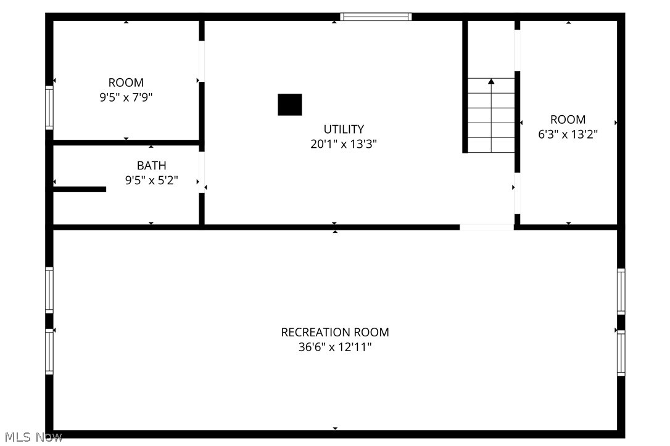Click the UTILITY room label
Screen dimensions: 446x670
[x=344, y=129]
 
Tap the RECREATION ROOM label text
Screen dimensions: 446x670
[x=335, y=333]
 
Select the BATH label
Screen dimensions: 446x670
[x=151, y=166]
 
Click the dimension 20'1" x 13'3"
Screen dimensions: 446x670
[x=344, y=145]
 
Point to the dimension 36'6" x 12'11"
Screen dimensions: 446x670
[x=335, y=347]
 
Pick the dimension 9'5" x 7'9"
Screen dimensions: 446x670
[x=126, y=97]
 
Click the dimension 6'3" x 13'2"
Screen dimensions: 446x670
[x=568, y=134]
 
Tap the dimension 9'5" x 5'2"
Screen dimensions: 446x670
[x=151, y=180]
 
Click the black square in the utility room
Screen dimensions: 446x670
[x=289, y=105]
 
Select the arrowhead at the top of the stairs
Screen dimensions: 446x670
[x=491, y=81]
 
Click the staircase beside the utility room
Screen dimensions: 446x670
[x=491, y=117]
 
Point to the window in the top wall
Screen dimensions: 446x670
[x=376, y=17]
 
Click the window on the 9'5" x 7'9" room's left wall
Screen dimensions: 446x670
[x=49, y=108]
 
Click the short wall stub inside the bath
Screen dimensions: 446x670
[x=80, y=189]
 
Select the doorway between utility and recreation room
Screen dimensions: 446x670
[x=486, y=227]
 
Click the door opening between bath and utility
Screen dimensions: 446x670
[x=202, y=172]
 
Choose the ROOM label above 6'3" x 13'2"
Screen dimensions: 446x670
[x=568, y=120]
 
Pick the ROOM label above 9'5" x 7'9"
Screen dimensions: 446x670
[x=126, y=83]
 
